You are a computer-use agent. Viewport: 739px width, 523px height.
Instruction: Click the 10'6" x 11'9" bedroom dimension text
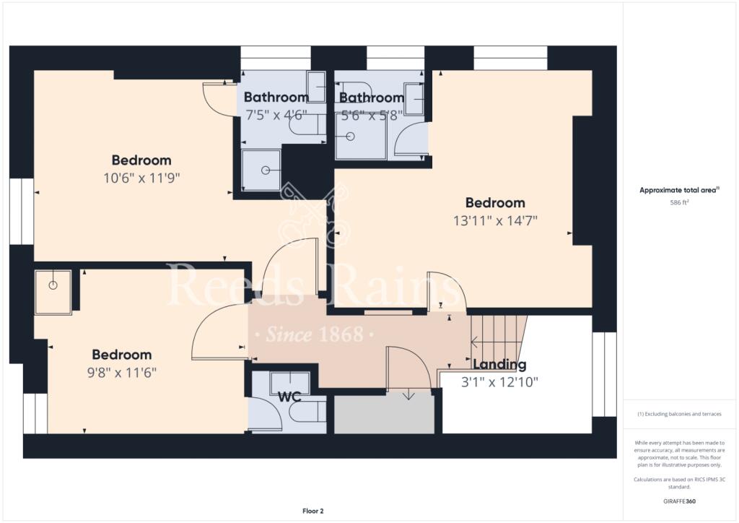141,178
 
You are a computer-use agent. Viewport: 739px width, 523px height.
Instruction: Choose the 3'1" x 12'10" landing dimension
499,381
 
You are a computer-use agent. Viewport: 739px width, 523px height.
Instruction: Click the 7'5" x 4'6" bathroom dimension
276,114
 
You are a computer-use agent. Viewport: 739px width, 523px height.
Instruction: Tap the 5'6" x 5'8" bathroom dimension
371,114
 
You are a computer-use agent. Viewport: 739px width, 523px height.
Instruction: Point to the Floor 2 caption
312,511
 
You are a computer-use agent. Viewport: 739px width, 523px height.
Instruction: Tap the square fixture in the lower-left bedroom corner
53,292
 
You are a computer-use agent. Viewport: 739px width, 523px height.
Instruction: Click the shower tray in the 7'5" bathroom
261,170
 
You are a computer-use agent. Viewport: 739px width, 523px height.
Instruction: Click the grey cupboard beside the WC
384,415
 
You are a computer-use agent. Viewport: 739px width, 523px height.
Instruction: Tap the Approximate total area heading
679,190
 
